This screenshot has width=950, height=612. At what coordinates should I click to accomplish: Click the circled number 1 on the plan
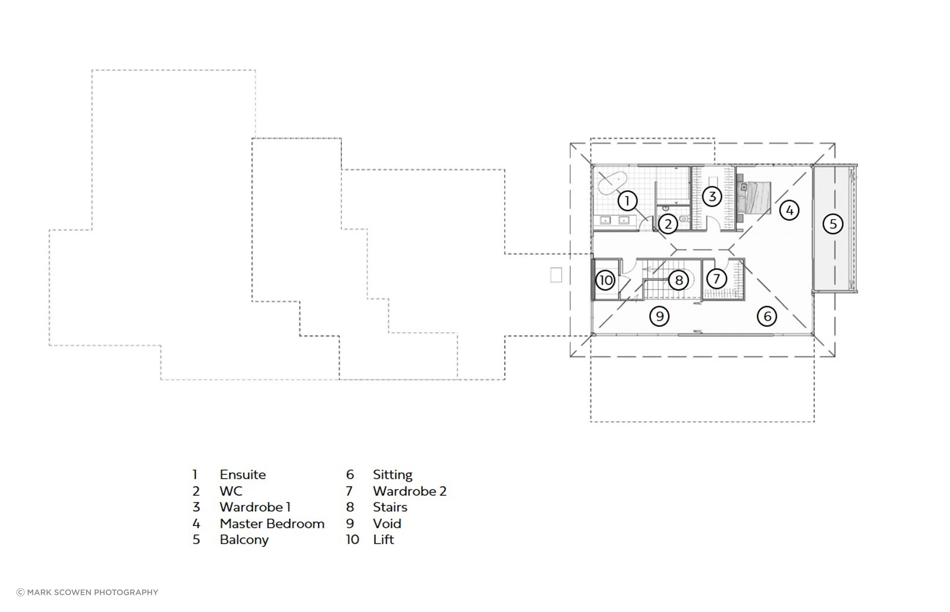(x=627, y=201)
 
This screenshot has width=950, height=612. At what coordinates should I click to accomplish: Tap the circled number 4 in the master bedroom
(x=789, y=210)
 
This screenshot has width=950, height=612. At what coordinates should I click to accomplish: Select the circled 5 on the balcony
(x=832, y=224)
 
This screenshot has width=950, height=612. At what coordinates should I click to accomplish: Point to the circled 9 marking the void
(x=659, y=316)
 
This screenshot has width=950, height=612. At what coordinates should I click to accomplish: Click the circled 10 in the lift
(x=605, y=281)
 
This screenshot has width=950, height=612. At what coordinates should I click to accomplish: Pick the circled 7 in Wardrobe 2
(x=716, y=279)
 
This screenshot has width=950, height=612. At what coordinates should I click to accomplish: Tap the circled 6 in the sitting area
(x=767, y=316)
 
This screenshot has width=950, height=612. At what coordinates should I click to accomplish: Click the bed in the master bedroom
(x=754, y=198)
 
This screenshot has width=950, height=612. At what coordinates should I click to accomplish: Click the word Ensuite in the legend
(x=242, y=474)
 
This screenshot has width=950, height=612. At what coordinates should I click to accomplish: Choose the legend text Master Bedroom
(x=272, y=524)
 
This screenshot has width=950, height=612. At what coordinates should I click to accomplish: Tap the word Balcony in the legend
(x=244, y=540)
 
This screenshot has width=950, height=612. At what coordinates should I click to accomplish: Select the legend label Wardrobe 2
(x=409, y=491)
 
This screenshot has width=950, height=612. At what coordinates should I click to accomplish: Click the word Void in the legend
(x=387, y=524)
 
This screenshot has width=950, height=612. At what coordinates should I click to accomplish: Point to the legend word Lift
(x=383, y=540)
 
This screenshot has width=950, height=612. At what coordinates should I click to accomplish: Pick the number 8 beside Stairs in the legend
(x=350, y=507)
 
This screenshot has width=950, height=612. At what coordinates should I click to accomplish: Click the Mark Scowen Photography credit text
(x=87, y=592)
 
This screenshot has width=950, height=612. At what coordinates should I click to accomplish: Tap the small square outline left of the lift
(x=556, y=275)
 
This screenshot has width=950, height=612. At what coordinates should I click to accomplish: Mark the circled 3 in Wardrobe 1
(x=712, y=196)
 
